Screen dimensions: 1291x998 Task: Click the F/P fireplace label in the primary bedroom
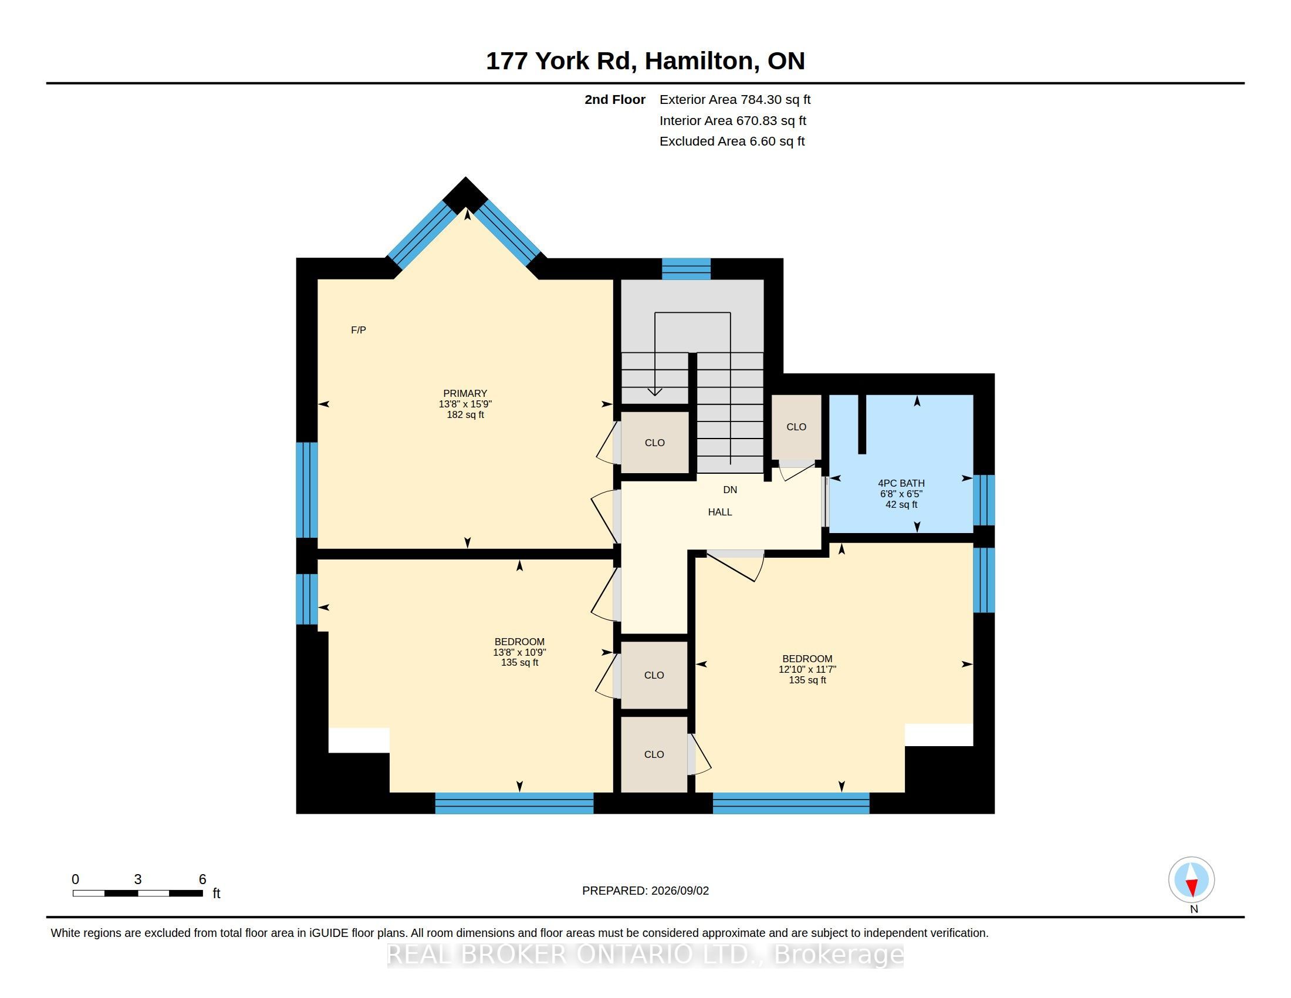click(358, 330)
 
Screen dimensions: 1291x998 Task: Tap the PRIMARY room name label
click(465, 393)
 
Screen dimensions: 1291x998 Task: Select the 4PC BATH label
click(901, 483)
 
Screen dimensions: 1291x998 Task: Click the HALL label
click(720, 512)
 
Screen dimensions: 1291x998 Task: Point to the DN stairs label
click(730, 490)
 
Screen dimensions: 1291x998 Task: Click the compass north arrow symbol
click(1192, 880)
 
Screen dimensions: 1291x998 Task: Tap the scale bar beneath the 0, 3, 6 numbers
click(138, 894)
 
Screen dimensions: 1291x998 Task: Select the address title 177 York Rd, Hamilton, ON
click(645, 61)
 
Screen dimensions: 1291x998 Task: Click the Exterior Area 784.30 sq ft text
click(735, 100)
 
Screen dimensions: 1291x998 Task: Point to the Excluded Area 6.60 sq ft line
click(732, 141)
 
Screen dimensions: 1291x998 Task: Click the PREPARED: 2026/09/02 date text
click(645, 891)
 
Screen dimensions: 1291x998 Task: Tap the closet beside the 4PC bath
click(796, 427)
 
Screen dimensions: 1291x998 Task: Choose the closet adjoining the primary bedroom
click(654, 442)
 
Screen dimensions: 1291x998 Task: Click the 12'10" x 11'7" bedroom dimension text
click(807, 669)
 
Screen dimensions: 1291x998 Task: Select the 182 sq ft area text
click(465, 415)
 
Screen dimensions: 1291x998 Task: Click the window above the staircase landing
click(685, 269)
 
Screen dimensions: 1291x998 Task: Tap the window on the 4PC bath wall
click(984, 500)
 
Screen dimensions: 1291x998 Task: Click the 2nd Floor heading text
click(615, 100)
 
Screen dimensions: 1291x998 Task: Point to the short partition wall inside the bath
click(862, 424)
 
